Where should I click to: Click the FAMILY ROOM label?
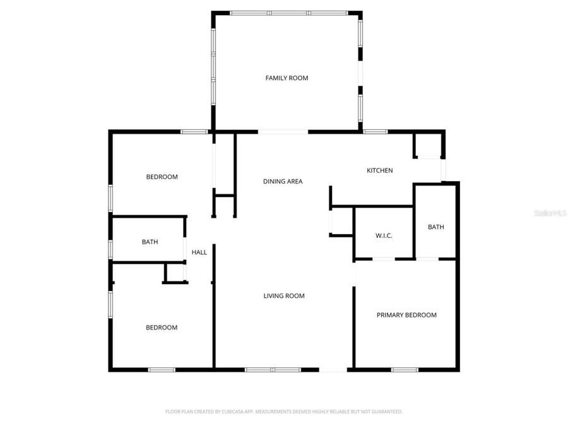coord(287,78)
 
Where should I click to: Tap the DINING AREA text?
coord(283,182)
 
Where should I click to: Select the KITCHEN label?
coord(380,170)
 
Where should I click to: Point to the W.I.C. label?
coord(384,235)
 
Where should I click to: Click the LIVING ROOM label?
coord(284,296)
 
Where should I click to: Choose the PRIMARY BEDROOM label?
coord(406,315)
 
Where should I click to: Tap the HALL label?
coord(199,252)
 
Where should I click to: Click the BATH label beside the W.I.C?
coord(435,227)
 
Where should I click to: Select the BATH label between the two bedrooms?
coord(150,242)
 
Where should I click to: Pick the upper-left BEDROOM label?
coord(162,177)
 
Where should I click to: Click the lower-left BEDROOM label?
coord(162,328)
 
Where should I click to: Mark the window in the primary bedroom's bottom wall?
coord(405,369)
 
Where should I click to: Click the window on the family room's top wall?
coord(288,13)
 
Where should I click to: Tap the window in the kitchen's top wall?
coord(375,131)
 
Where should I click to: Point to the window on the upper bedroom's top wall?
coord(194,131)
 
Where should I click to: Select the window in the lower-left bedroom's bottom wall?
coord(162,369)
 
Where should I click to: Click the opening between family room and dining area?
coord(283,132)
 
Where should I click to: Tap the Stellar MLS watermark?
coord(550,214)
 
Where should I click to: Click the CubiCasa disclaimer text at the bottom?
coord(283,411)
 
